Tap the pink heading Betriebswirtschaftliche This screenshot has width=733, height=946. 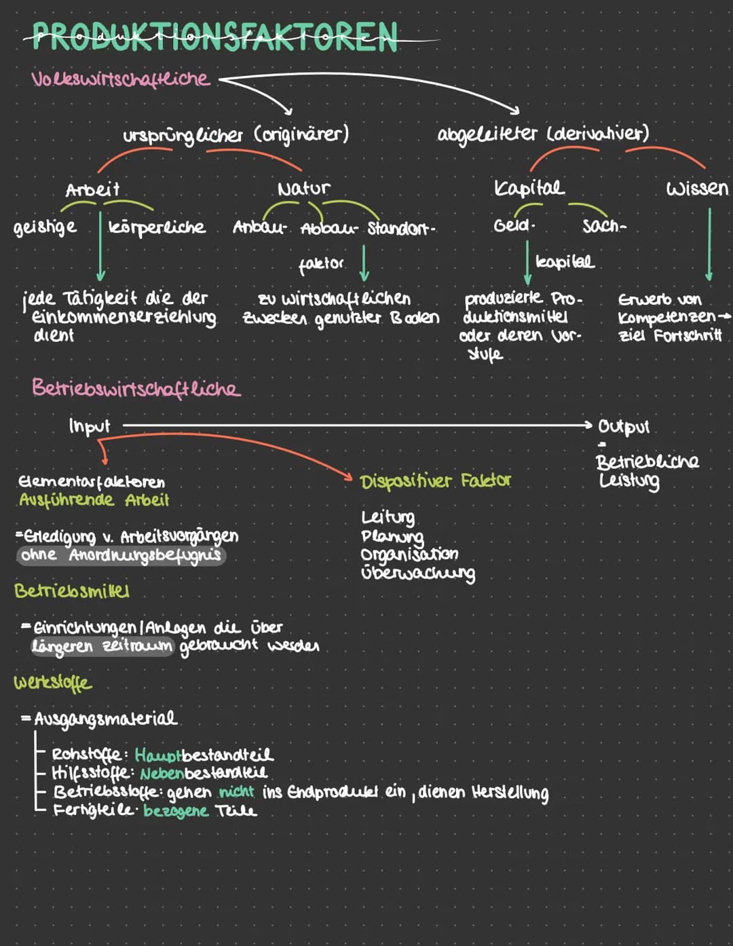[x=136, y=388]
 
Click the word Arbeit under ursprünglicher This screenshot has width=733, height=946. [x=92, y=189]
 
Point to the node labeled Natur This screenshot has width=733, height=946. [x=303, y=188]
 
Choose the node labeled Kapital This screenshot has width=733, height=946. [x=529, y=188]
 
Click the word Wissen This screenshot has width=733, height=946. [x=697, y=188]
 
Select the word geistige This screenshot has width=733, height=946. [x=45, y=227]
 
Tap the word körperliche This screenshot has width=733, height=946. [x=157, y=227]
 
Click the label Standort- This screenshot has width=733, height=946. [x=401, y=228]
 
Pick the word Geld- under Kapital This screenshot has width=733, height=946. [x=514, y=225]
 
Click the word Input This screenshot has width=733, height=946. [x=89, y=426]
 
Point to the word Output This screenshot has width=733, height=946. [x=624, y=427]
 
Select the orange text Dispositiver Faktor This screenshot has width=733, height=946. [x=436, y=481]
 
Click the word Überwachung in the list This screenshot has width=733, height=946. [x=418, y=573]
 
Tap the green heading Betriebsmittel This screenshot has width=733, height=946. [x=72, y=590]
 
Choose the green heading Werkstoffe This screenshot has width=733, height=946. [x=52, y=682]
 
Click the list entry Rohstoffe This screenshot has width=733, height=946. [x=87, y=755]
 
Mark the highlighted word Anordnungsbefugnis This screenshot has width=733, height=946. [x=145, y=555]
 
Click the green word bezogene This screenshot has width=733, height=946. [x=176, y=810]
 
